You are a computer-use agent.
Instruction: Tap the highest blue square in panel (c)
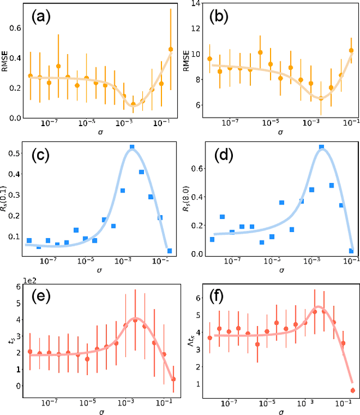(x=132, y=148)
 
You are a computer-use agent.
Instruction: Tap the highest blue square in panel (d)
(x=321, y=147)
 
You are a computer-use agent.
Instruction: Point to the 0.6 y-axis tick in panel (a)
(x=16, y=28)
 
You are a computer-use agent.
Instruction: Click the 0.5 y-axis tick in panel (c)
(x=16, y=153)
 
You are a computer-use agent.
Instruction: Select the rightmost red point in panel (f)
(x=353, y=390)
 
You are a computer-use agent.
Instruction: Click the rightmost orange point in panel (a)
(x=171, y=49)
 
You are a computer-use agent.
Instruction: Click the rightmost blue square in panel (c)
(x=169, y=251)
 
